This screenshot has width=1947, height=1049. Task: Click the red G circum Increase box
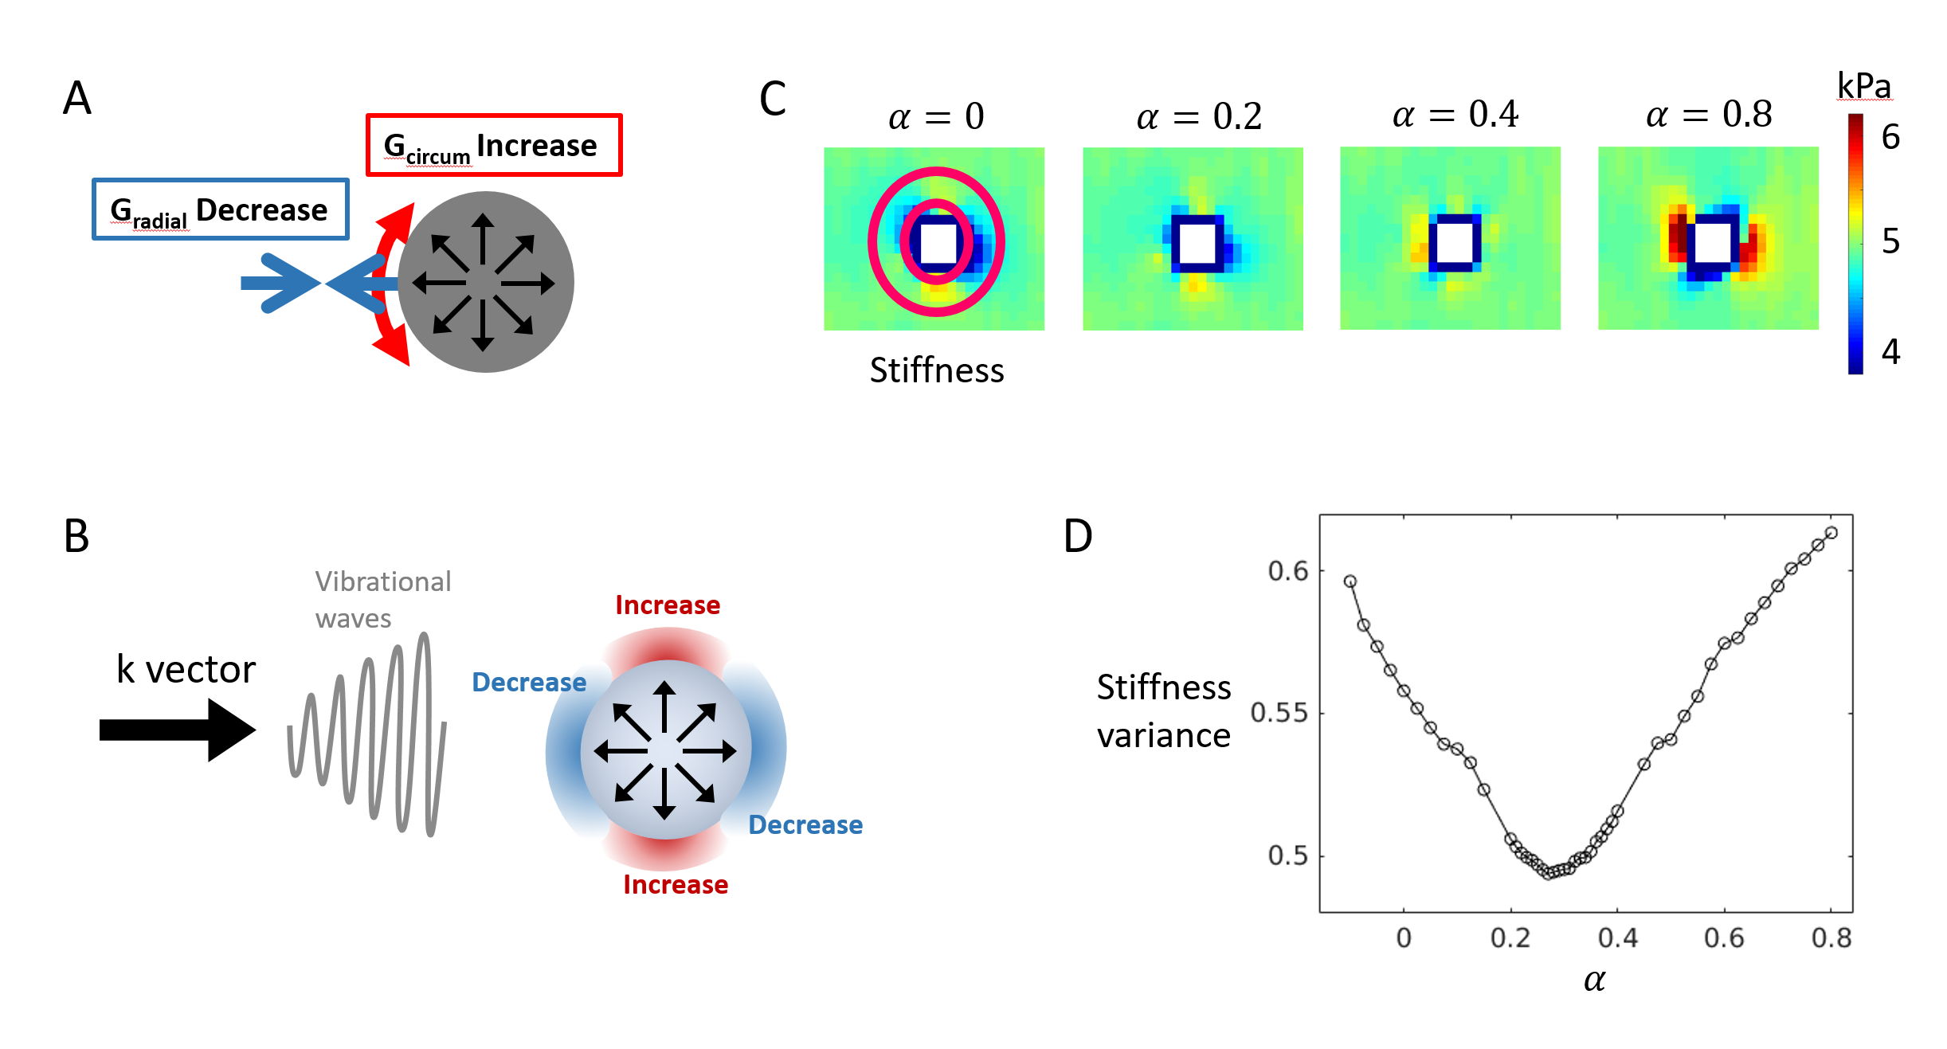coord(493,145)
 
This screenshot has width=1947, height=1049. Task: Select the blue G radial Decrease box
coord(221,209)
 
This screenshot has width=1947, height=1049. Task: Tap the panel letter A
coord(77,99)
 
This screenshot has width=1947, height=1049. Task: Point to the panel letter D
coord(1078,536)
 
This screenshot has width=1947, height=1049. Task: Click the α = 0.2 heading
coord(1199,117)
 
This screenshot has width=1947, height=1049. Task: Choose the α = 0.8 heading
coord(1709,115)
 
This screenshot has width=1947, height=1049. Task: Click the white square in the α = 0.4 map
coord(1455,242)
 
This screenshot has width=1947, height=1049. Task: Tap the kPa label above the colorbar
coord(1863,86)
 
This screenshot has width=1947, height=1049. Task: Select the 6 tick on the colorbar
coord(1890,137)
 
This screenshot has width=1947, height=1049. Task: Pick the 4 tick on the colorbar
coord(1890,351)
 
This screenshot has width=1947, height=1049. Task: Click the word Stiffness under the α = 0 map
coord(937,370)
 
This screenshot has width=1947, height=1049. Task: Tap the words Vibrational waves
coord(382,599)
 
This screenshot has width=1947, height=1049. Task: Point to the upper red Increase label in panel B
coord(668,605)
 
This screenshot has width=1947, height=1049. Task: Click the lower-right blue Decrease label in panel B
coord(805,825)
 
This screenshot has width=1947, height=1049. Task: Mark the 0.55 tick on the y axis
coord(1279,713)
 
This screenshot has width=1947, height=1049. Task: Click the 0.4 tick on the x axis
coord(1617,938)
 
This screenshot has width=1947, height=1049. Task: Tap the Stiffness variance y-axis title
coord(1163,711)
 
